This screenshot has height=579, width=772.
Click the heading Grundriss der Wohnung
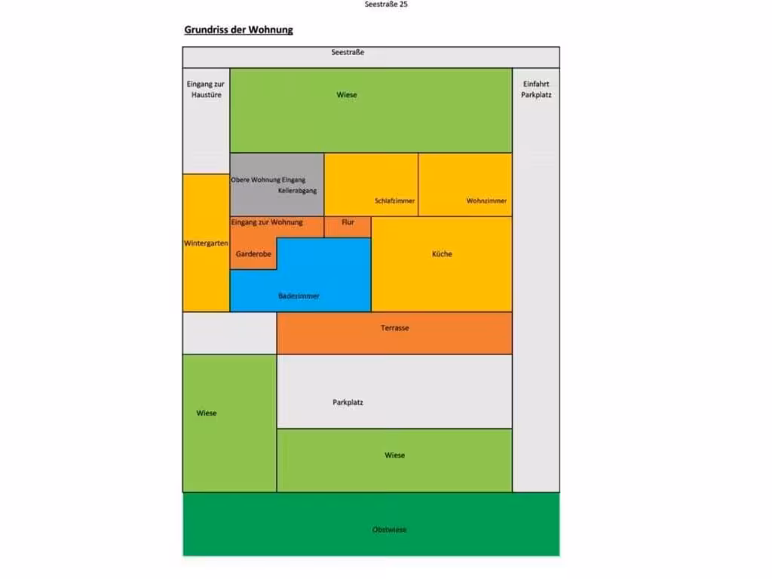coord(238,29)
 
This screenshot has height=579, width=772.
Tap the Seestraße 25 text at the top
coord(386,5)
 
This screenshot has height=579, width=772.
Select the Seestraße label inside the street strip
coord(348,52)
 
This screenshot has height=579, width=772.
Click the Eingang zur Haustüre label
coord(206,89)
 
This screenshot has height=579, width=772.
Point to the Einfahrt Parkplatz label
coord(536,89)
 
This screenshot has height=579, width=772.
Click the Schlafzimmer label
coord(395,201)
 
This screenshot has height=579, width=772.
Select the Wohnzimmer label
coord(486,201)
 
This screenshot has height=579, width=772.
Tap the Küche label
coord(442,254)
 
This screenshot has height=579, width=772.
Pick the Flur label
coord(348,222)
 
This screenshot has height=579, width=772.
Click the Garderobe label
coord(253,254)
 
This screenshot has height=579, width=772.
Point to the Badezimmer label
coord(299,296)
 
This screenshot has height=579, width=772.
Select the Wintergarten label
coord(206,244)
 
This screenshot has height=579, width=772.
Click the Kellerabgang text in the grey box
coord(297,191)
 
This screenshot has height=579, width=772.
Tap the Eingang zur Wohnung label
coord(267,222)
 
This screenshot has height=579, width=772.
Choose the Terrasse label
coord(394,328)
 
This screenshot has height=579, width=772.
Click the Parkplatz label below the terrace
coord(348,403)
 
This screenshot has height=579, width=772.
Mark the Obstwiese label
coord(389,530)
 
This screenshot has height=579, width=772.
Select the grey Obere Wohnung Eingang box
coord(277,185)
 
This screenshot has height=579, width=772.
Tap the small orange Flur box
coord(348,227)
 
